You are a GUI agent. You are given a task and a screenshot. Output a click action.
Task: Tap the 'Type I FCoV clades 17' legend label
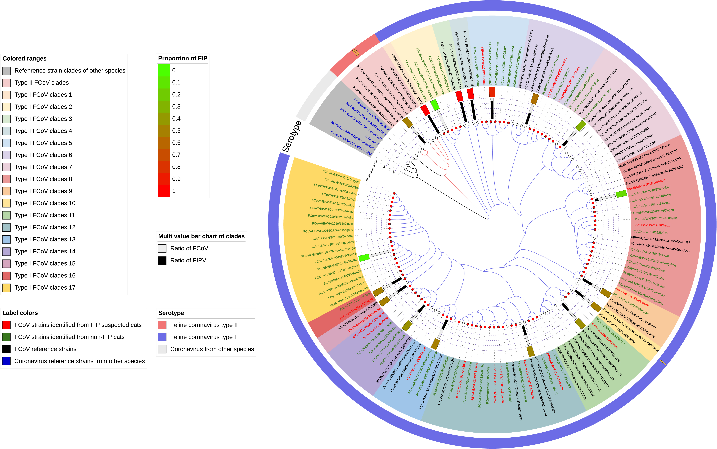pyautogui.click(x=45, y=288)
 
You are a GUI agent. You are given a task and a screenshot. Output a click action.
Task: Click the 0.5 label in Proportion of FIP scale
pyautogui.click(x=176, y=131)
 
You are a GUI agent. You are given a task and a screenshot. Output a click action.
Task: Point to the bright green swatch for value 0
pyautogui.click(x=164, y=70)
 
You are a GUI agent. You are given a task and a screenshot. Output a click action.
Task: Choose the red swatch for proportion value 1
pyautogui.click(x=164, y=191)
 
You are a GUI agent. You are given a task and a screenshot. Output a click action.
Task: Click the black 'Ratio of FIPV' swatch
pyautogui.click(x=162, y=260)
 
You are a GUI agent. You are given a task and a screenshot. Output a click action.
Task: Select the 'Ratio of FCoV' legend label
pyautogui.click(x=189, y=248)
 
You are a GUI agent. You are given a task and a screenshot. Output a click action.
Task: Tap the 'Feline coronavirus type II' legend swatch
pyautogui.click(x=162, y=325)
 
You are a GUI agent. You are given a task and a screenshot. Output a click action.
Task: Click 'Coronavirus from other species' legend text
pyautogui.click(x=212, y=349)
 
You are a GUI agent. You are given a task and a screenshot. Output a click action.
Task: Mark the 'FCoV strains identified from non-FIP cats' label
pyautogui.click(x=69, y=337)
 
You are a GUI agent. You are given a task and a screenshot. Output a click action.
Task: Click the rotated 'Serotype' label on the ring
pyautogui.click(x=292, y=137)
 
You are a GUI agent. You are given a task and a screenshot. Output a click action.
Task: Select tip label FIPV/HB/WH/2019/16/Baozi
pyautogui.click(x=651, y=225)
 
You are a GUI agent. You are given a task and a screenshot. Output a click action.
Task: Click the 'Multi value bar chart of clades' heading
pyautogui.click(x=201, y=236)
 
